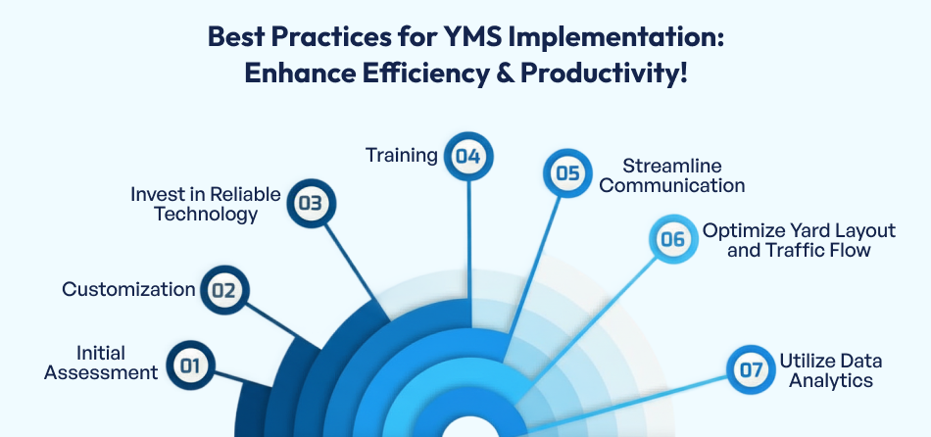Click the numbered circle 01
point(190,366)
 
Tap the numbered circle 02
point(223,289)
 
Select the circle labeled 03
point(311,204)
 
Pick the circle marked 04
point(468,156)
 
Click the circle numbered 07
point(751,369)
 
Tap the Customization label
point(128,289)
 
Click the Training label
point(401,155)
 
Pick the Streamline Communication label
point(671,175)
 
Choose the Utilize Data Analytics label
point(825,370)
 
